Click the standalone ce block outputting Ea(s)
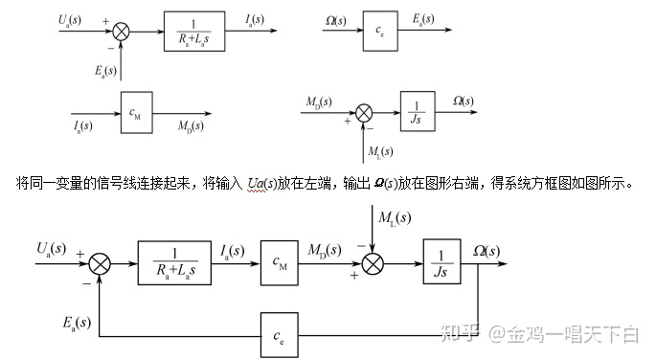pyautogui.click(x=380, y=33)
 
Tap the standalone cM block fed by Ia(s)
pyautogui.click(x=137, y=112)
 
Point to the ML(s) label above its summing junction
pyautogui.click(x=394, y=218)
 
